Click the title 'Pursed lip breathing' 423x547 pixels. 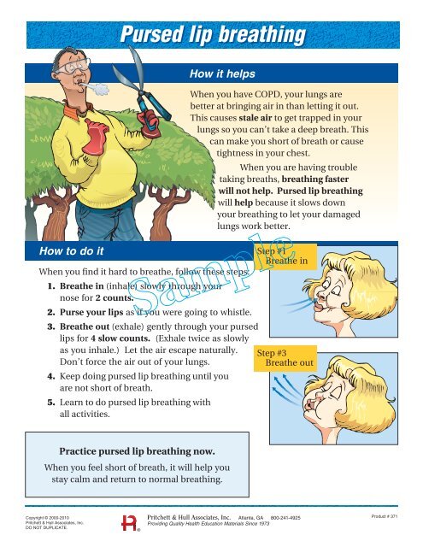(x=210, y=35)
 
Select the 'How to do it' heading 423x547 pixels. (x=67, y=251)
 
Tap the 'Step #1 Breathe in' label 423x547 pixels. (x=281, y=255)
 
